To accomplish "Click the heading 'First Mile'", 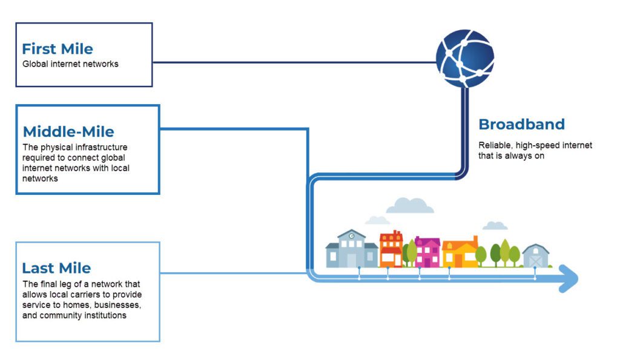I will tap(58, 48).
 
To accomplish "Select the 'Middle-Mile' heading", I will tap(68, 131).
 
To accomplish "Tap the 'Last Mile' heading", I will tap(56, 268).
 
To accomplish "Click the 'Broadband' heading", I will tap(521, 125).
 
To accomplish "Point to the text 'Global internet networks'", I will tap(70, 64).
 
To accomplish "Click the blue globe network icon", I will tap(465, 57).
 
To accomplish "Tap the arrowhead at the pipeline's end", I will tap(569, 278).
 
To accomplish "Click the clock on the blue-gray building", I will tap(351, 236).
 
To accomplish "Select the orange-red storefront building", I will tap(391, 248).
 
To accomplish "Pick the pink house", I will tap(427, 251).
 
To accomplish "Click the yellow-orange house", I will tap(460, 252).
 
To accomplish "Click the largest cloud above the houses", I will tap(410, 205).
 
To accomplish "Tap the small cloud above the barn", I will tap(495, 225).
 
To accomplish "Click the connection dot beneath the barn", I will tap(535, 267).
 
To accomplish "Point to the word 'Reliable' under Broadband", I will tap(493, 145).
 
